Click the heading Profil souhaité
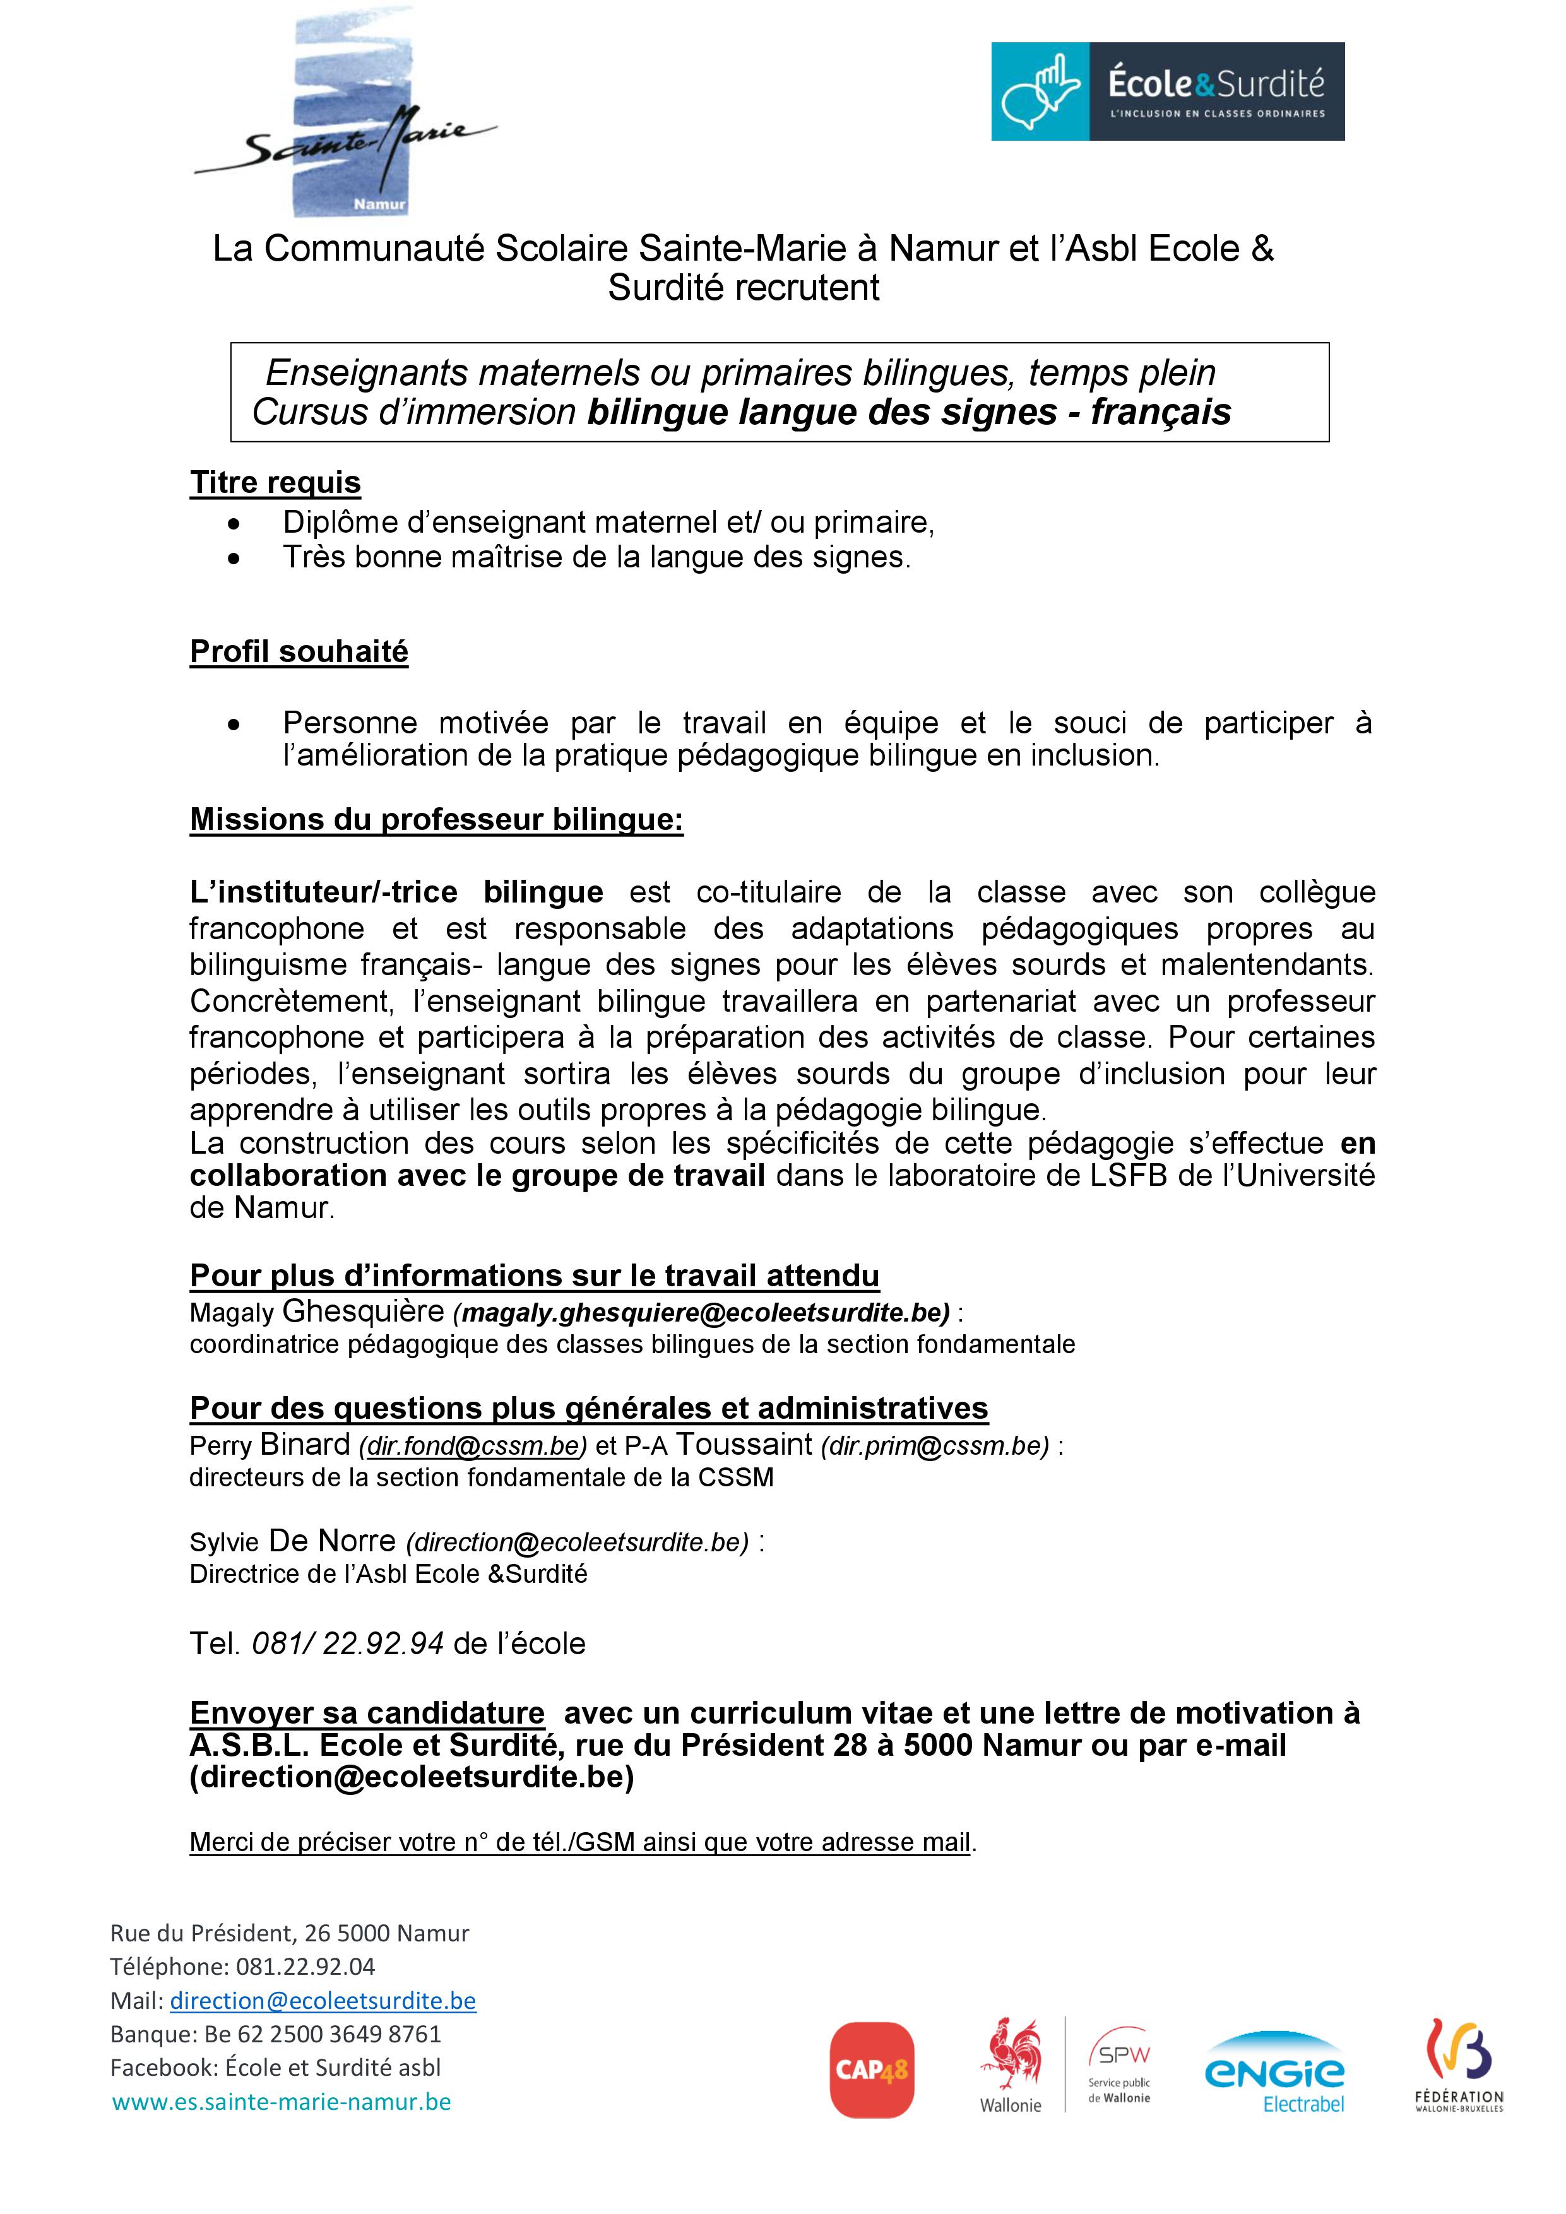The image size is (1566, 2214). [299, 652]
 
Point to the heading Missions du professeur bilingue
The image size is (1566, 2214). [436, 820]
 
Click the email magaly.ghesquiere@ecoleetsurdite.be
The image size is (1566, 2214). [701, 1312]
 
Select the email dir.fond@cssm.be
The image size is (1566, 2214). [473, 1447]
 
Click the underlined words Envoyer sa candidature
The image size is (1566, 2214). [367, 1714]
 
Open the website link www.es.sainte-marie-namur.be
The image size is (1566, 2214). [282, 2102]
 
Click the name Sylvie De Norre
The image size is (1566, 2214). [292, 1541]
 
